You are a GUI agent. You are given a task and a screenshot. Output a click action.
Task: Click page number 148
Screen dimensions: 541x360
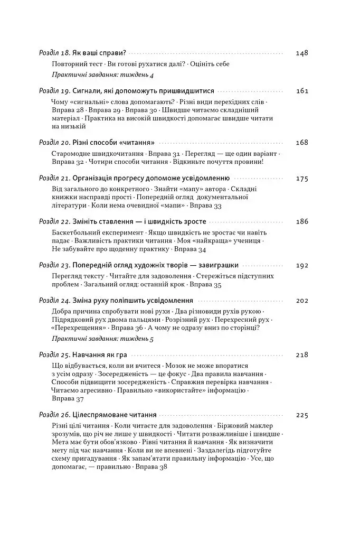click(x=302, y=53)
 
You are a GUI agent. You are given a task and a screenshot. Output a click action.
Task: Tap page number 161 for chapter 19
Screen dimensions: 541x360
click(x=302, y=91)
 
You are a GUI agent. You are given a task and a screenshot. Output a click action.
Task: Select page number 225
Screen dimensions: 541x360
click(x=302, y=415)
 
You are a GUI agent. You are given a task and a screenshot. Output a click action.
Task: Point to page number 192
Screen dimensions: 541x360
click(x=302, y=265)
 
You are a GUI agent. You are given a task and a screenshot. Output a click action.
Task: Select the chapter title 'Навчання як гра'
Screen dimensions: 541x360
click(x=101, y=355)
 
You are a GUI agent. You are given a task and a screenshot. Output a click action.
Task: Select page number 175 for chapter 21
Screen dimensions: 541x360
click(x=302, y=178)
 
